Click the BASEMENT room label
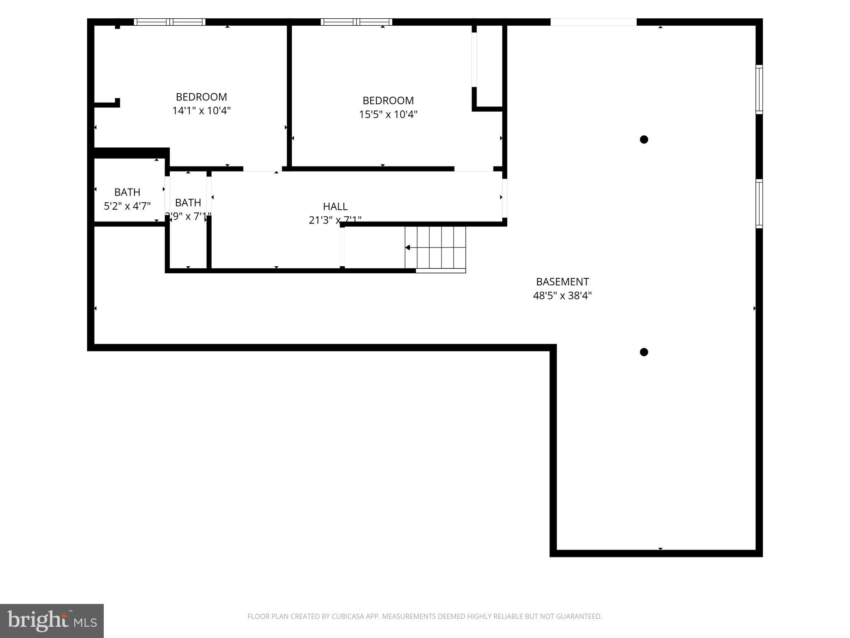point(562,282)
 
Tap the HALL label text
point(335,206)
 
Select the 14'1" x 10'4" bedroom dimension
point(201,111)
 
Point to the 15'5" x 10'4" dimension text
point(388,114)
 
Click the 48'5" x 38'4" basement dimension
point(562,296)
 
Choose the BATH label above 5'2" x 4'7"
point(127,192)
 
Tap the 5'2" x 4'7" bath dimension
point(127,206)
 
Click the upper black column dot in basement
point(644,140)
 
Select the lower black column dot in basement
point(644,352)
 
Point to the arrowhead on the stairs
point(408,248)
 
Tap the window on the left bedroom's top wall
point(169,22)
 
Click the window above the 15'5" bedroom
point(356,22)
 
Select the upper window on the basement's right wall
point(759,89)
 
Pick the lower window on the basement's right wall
point(759,204)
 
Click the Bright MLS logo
point(51,621)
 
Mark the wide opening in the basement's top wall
point(593,22)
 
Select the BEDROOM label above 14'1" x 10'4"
point(201,97)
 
